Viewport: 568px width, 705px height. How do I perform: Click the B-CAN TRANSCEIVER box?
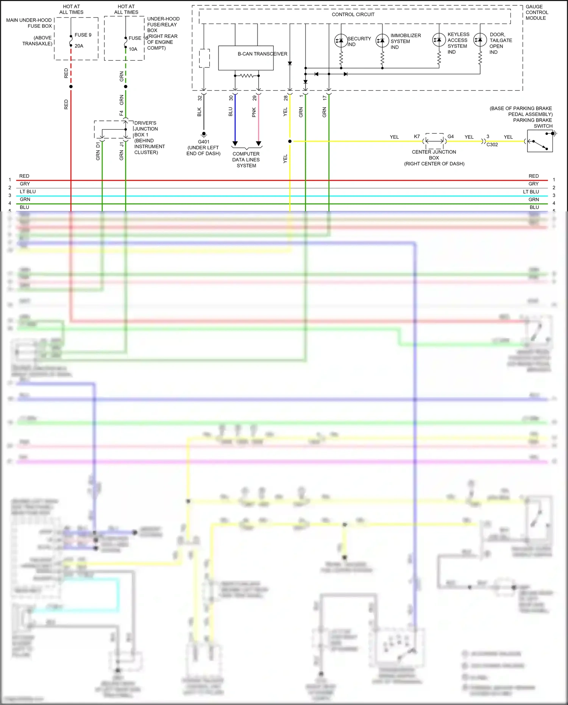pyautogui.click(x=246, y=58)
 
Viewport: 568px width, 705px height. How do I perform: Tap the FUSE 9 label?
pyautogui.click(x=83, y=35)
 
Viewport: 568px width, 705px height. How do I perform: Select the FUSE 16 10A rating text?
pyautogui.click(x=133, y=49)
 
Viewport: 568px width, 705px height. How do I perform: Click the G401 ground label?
pyautogui.click(x=203, y=142)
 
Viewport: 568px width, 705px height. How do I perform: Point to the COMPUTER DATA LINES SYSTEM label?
pyautogui.click(x=246, y=159)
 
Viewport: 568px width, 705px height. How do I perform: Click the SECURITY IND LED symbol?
pyautogui.click(x=341, y=41)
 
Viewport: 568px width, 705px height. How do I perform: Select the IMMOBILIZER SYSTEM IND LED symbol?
pyautogui.click(x=382, y=41)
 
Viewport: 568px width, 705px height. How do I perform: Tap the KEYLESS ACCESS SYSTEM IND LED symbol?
pyautogui.click(x=439, y=40)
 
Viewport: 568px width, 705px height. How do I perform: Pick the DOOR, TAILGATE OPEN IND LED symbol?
pyautogui.click(x=480, y=40)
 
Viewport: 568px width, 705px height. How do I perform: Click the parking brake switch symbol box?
pyautogui.click(x=540, y=141)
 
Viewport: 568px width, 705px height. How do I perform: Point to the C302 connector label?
pyautogui.click(x=492, y=145)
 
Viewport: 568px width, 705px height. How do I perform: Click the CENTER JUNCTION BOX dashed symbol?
pyautogui.click(x=434, y=141)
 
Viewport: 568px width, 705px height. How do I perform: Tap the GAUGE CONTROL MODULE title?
pyautogui.click(x=536, y=13)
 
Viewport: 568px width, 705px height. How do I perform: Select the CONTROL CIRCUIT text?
pyautogui.click(x=353, y=14)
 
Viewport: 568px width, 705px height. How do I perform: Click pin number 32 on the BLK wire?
pyautogui.click(x=200, y=98)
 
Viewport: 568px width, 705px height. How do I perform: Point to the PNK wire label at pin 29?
pyautogui.click(x=254, y=112)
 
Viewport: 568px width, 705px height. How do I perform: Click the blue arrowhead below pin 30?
pyautogui.click(x=235, y=144)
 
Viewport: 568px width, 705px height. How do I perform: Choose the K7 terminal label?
pyautogui.click(x=417, y=136)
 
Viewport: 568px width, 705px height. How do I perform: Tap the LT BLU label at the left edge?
pyautogui.click(x=28, y=192)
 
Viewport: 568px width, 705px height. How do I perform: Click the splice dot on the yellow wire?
pyautogui.click(x=290, y=141)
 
